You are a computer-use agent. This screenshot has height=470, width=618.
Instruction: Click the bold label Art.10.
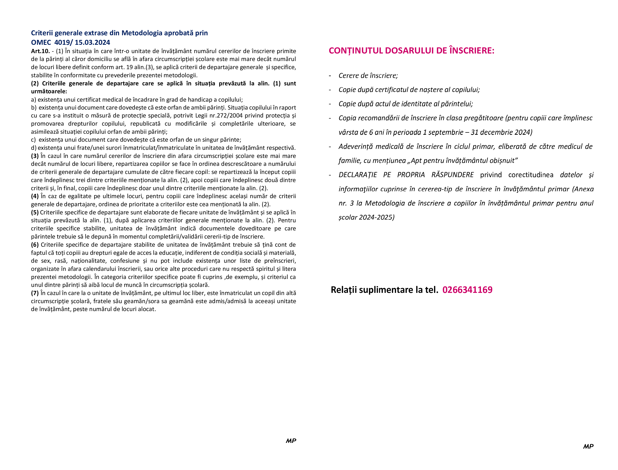(x=40, y=51)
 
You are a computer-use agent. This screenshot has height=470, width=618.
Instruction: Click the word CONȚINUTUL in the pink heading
(x=356, y=51)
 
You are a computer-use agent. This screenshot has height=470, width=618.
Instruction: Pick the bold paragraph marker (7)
(x=35, y=293)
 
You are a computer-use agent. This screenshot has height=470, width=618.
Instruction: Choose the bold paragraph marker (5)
(x=35, y=213)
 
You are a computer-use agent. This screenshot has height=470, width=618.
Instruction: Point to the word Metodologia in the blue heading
(x=142, y=33)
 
